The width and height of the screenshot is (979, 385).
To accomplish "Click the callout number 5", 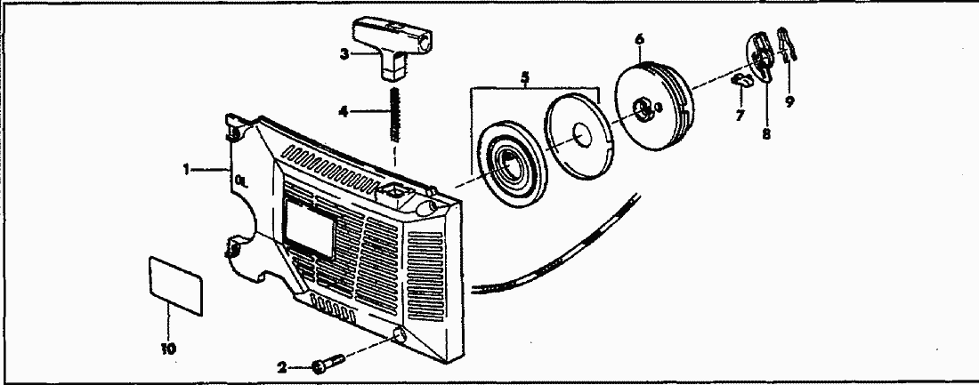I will coord(526,77).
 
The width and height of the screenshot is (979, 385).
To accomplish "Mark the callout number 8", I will coord(765,135).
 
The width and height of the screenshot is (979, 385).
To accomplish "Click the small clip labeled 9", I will coord(786,44).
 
